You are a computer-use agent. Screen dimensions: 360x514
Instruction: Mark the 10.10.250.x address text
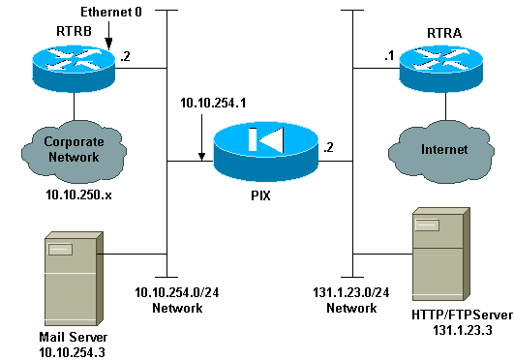click(69, 195)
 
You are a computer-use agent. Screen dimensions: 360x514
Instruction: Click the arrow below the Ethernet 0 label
click(110, 38)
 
